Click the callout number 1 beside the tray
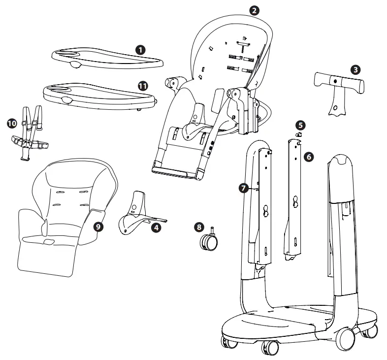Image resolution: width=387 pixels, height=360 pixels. [x=141, y=49]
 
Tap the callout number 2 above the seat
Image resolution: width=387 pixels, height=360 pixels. [x=254, y=10]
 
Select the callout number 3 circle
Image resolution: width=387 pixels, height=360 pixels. [x=354, y=69]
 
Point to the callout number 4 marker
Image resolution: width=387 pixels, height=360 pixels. [x=156, y=228]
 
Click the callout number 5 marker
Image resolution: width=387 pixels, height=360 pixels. [x=300, y=125]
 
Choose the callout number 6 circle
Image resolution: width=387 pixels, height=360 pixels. [x=309, y=156]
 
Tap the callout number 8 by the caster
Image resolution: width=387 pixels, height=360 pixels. [x=198, y=227]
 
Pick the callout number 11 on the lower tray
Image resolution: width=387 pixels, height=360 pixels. [x=143, y=85]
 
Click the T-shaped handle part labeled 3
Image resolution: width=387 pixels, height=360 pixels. [x=337, y=86]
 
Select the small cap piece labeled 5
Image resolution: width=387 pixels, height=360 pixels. [x=298, y=134]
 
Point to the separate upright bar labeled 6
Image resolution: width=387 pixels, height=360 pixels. [x=295, y=197]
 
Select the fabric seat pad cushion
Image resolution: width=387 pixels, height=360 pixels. [x=64, y=217]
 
